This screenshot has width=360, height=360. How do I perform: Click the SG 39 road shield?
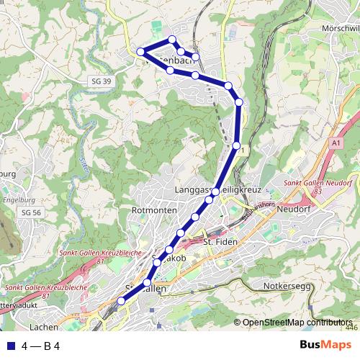[102, 81]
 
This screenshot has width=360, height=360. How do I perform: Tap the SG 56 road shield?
[31, 212]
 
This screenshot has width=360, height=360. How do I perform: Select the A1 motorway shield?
[336, 144]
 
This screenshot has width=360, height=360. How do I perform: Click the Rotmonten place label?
[150, 210]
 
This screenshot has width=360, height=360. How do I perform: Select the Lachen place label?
[45, 326]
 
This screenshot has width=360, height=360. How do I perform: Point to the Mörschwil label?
[341, 27]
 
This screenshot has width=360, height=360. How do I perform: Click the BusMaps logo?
[324, 345]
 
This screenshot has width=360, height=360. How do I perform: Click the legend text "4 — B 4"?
[40, 346]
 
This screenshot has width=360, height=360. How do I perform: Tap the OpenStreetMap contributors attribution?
[297, 322]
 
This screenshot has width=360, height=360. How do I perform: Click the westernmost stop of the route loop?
[141, 51]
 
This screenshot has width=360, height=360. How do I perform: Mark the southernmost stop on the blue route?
[121, 301]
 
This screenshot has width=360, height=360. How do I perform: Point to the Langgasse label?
[192, 189]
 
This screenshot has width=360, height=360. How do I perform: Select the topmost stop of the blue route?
[172, 40]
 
